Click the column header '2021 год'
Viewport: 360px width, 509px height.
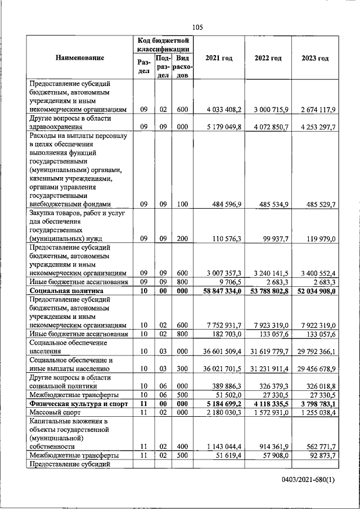coord(219,58)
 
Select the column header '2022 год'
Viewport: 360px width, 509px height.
coord(268,58)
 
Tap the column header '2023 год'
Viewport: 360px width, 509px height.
coord(315,58)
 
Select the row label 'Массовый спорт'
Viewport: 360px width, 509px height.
coord(57,413)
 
